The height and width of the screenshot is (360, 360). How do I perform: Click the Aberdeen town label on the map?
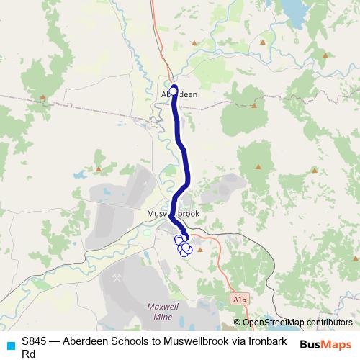[x=179, y=94]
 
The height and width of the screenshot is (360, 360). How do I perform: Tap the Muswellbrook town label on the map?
[x=172, y=215]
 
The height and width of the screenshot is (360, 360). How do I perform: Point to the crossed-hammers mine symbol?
[x=116, y=276]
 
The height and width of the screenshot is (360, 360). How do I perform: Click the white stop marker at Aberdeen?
[x=174, y=91]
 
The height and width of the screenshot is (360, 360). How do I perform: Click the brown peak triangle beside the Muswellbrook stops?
[x=200, y=250]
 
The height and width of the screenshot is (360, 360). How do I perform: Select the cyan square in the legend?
[x=9, y=342]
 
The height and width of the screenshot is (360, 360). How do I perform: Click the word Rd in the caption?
[x=29, y=354]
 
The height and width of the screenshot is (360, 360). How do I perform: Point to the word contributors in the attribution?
[x=330, y=323]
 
